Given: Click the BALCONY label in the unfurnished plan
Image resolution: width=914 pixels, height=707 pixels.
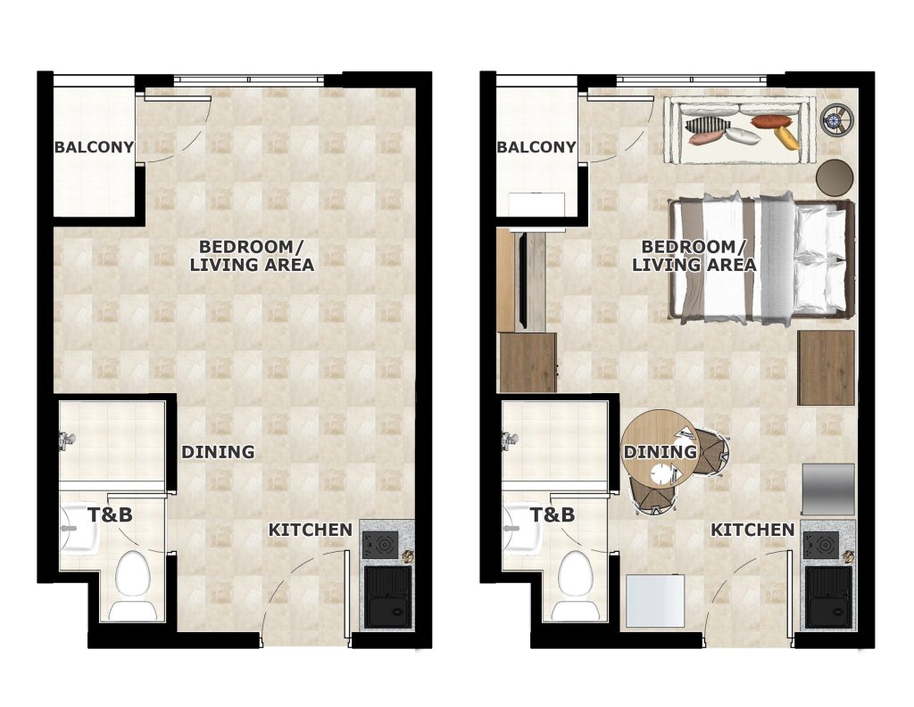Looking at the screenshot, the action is (95, 147).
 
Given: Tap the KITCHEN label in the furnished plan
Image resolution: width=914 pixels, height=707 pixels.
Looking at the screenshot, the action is (752, 530).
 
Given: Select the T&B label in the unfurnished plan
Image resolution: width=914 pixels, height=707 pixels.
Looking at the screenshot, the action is (110, 514).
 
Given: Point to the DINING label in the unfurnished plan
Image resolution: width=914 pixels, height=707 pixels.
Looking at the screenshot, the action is (218, 452).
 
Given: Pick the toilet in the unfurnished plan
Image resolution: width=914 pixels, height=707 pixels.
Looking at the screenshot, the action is (133, 585).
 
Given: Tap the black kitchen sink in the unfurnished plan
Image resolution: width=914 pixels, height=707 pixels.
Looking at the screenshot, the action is (387, 597).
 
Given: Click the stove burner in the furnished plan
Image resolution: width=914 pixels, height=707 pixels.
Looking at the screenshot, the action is (822, 546).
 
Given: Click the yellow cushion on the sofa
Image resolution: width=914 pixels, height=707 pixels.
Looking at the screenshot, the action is (786, 137).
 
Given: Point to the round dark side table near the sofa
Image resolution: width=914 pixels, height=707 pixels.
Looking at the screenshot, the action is (835, 177).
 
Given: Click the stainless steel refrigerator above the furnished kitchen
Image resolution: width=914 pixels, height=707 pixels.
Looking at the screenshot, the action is (828, 489).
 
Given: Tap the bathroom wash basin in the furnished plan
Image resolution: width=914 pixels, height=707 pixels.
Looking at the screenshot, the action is (521, 528).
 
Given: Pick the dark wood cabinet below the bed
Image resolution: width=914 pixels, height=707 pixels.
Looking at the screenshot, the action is (826, 367).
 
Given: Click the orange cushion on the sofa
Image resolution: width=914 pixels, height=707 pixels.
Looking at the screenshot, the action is (772, 122).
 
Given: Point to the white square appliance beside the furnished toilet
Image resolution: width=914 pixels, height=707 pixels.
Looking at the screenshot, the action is (655, 600).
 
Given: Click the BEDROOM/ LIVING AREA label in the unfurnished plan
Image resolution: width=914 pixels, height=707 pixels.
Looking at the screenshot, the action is (252, 256).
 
